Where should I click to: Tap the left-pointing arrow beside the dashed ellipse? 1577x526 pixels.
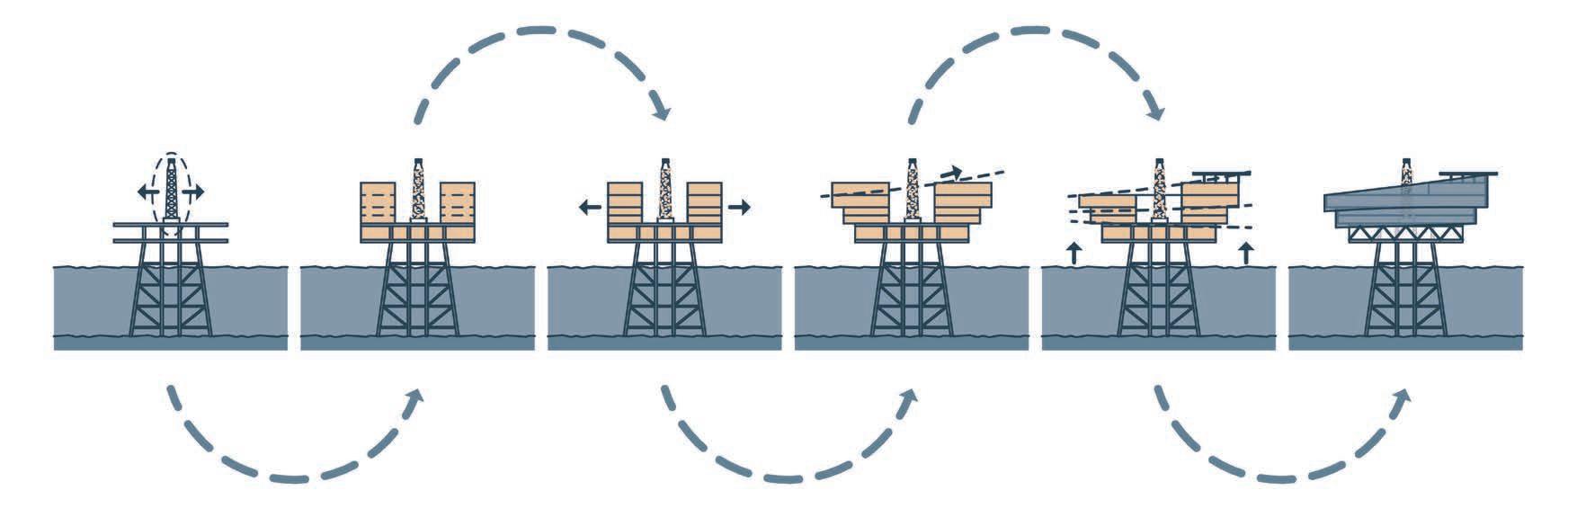(143, 192)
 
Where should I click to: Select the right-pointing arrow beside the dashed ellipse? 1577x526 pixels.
(195, 192)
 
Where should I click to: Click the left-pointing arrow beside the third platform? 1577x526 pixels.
(588, 208)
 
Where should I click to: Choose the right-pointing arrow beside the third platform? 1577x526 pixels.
(740, 208)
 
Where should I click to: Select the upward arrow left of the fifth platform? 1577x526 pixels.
(1072, 253)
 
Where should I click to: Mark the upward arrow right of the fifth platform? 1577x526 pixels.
(1245, 253)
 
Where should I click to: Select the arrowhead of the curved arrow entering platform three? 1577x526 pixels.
(663, 114)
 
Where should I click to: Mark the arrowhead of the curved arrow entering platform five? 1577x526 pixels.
(1157, 114)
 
